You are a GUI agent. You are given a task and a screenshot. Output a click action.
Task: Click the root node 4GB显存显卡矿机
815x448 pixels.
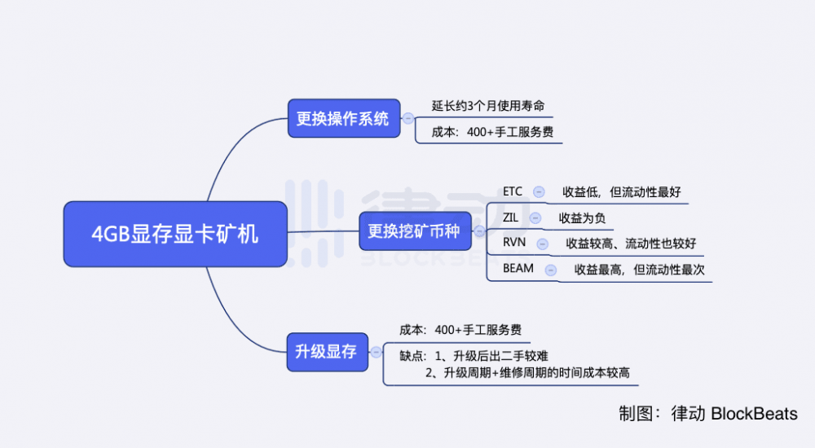click(x=175, y=234)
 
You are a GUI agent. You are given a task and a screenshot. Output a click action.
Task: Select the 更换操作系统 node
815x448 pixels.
click(x=343, y=119)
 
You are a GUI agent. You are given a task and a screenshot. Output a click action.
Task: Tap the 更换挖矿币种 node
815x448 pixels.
click(x=414, y=231)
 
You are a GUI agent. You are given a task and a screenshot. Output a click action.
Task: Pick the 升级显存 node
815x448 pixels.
click(x=326, y=352)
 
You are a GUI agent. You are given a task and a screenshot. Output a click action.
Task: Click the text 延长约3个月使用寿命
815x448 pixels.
click(x=488, y=106)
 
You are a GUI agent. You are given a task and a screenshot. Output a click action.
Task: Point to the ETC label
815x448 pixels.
click(x=513, y=192)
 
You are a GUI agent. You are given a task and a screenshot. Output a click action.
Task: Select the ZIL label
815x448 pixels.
click(x=510, y=217)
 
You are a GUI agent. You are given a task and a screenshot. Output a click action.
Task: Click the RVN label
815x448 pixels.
click(x=514, y=243)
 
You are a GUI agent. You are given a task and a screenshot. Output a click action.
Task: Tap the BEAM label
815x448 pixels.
click(x=518, y=268)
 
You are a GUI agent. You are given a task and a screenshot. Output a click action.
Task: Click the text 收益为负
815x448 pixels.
click(x=582, y=218)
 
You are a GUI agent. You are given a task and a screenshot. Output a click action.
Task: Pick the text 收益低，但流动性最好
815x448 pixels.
click(x=622, y=193)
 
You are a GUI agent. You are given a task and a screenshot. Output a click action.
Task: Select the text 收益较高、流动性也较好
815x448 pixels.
click(x=631, y=244)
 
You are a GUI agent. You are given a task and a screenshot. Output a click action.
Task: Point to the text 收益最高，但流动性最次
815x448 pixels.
click(x=639, y=269)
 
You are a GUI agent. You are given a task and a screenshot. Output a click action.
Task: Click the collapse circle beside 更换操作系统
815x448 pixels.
click(x=408, y=119)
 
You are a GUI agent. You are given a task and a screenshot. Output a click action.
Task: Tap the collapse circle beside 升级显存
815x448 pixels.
click(x=376, y=352)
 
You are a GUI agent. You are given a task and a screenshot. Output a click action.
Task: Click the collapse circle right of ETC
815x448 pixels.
click(x=539, y=192)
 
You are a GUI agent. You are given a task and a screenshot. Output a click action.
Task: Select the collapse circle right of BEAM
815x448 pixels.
click(x=551, y=269)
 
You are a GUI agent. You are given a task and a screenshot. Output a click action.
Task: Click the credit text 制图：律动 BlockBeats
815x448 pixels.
click(x=707, y=414)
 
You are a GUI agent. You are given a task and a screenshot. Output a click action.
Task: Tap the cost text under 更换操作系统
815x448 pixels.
click(x=492, y=131)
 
